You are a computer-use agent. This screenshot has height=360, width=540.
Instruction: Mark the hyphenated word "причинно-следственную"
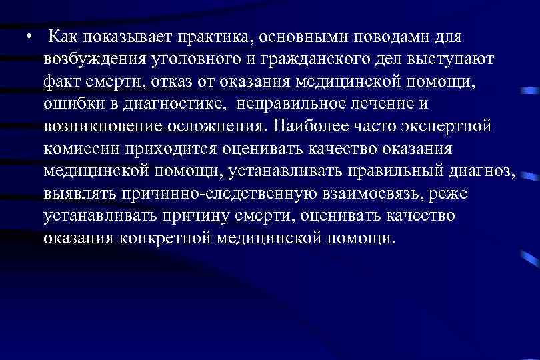coord(246,195)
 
